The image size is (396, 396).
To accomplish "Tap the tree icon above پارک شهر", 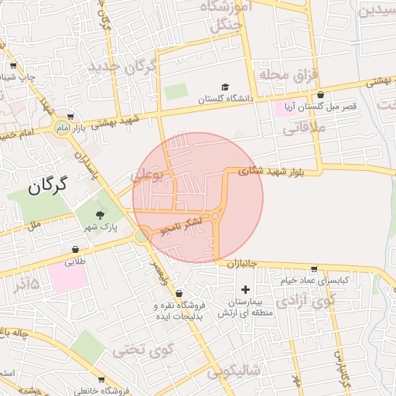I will pyautogui.click(x=98, y=214).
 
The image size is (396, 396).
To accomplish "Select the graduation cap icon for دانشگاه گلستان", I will pyautogui.click(x=225, y=87).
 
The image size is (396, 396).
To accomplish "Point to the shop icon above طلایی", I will pyautogui.click(x=75, y=249).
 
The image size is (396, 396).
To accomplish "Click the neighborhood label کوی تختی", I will pyautogui.click(x=139, y=350).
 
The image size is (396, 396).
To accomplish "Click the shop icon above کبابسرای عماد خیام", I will pyautogui.click(x=313, y=268).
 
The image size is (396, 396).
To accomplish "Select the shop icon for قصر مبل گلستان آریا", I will pyautogui.click(x=321, y=97).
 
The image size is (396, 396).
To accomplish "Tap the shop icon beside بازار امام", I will pyautogui.click(x=70, y=114).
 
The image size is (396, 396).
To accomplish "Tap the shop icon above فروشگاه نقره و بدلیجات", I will pyautogui.click(x=179, y=294).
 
